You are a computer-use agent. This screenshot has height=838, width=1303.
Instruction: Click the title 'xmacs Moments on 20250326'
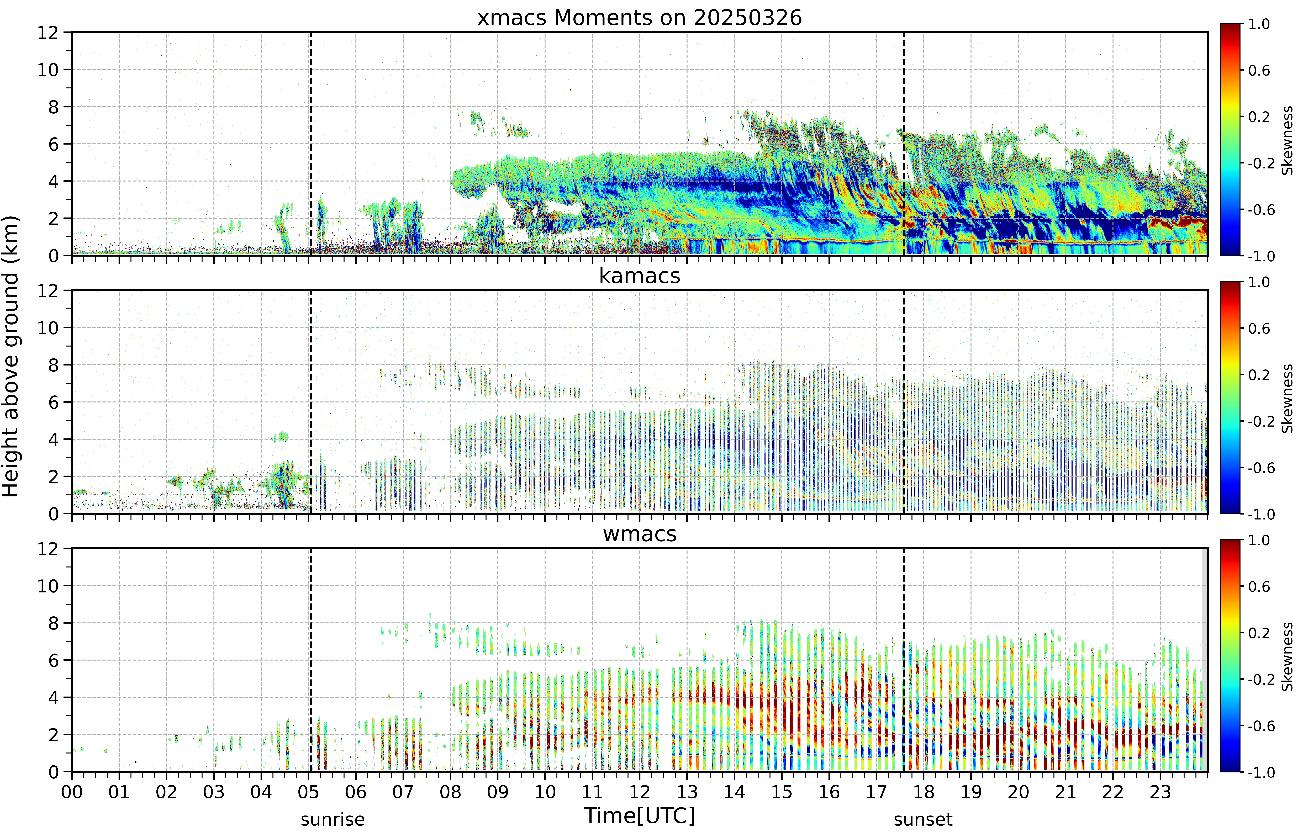click(640, 18)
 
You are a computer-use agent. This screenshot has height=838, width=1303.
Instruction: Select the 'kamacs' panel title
click(640, 276)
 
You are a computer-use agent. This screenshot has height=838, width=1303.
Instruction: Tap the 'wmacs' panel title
click(640, 534)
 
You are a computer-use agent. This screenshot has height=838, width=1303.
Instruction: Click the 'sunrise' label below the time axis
click(333, 819)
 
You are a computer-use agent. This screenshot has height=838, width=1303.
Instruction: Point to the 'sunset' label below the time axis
click(923, 819)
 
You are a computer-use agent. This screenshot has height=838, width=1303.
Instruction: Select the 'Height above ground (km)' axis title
click(11, 356)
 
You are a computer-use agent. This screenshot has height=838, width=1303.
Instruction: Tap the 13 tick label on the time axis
click(687, 792)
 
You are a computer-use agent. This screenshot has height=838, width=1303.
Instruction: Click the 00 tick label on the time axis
click(72, 792)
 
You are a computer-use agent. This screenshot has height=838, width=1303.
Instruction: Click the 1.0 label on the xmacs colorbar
click(1259, 24)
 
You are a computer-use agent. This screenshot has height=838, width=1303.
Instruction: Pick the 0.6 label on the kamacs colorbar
click(1259, 329)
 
